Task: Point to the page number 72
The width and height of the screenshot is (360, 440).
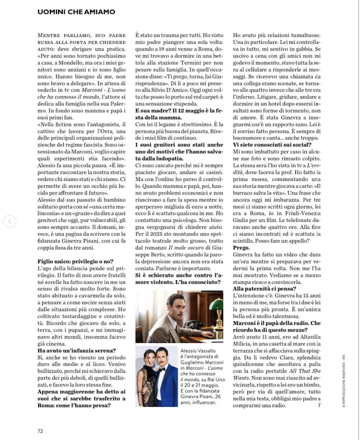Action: coord(40,430)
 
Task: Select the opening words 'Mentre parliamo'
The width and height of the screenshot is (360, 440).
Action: coord(61,34)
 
